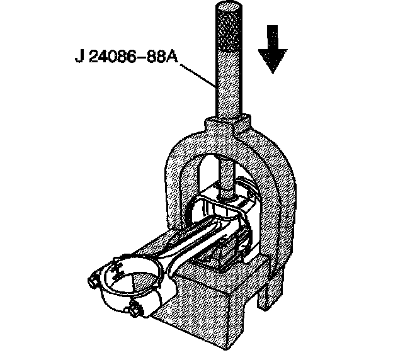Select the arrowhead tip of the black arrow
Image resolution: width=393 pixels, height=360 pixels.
coord(272,71)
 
